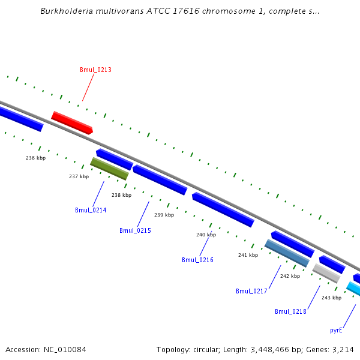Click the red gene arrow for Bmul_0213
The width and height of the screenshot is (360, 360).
72,122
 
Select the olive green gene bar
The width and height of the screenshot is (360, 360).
109,169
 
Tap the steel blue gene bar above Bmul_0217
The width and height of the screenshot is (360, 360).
287,253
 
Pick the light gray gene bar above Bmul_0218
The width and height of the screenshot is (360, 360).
326,274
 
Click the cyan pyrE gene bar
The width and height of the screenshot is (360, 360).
353,289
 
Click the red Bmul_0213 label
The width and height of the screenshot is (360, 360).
95,70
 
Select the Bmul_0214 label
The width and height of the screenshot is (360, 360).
91,210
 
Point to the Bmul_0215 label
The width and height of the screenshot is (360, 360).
135,230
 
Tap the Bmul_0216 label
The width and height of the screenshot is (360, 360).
197,260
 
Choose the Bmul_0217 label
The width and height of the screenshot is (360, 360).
251,291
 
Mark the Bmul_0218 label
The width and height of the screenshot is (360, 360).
290,311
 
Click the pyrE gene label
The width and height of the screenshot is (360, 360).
336,330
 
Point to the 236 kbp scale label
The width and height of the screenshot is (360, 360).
35,158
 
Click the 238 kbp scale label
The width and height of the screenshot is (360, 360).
121,195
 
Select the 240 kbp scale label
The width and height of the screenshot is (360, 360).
206,235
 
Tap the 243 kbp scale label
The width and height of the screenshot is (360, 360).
331,298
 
